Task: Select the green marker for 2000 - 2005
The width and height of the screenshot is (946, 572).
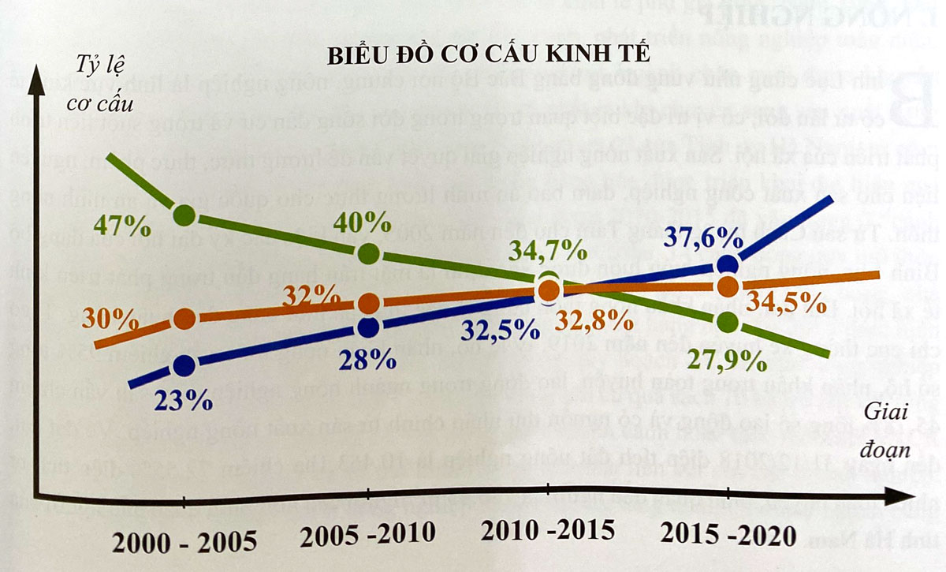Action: point(184,214)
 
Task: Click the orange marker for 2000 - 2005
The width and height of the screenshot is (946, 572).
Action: point(184,318)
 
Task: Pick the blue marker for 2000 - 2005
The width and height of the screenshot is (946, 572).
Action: point(184,365)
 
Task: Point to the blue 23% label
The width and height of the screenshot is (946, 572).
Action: point(183,400)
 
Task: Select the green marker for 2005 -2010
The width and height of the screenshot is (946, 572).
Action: point(369,254)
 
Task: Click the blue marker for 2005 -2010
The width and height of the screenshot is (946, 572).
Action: point(369,327)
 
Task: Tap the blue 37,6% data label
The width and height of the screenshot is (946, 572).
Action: point(703,236)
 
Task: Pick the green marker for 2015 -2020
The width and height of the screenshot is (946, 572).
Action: point(728,322)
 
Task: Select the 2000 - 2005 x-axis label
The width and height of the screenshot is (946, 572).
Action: point(184,541)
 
